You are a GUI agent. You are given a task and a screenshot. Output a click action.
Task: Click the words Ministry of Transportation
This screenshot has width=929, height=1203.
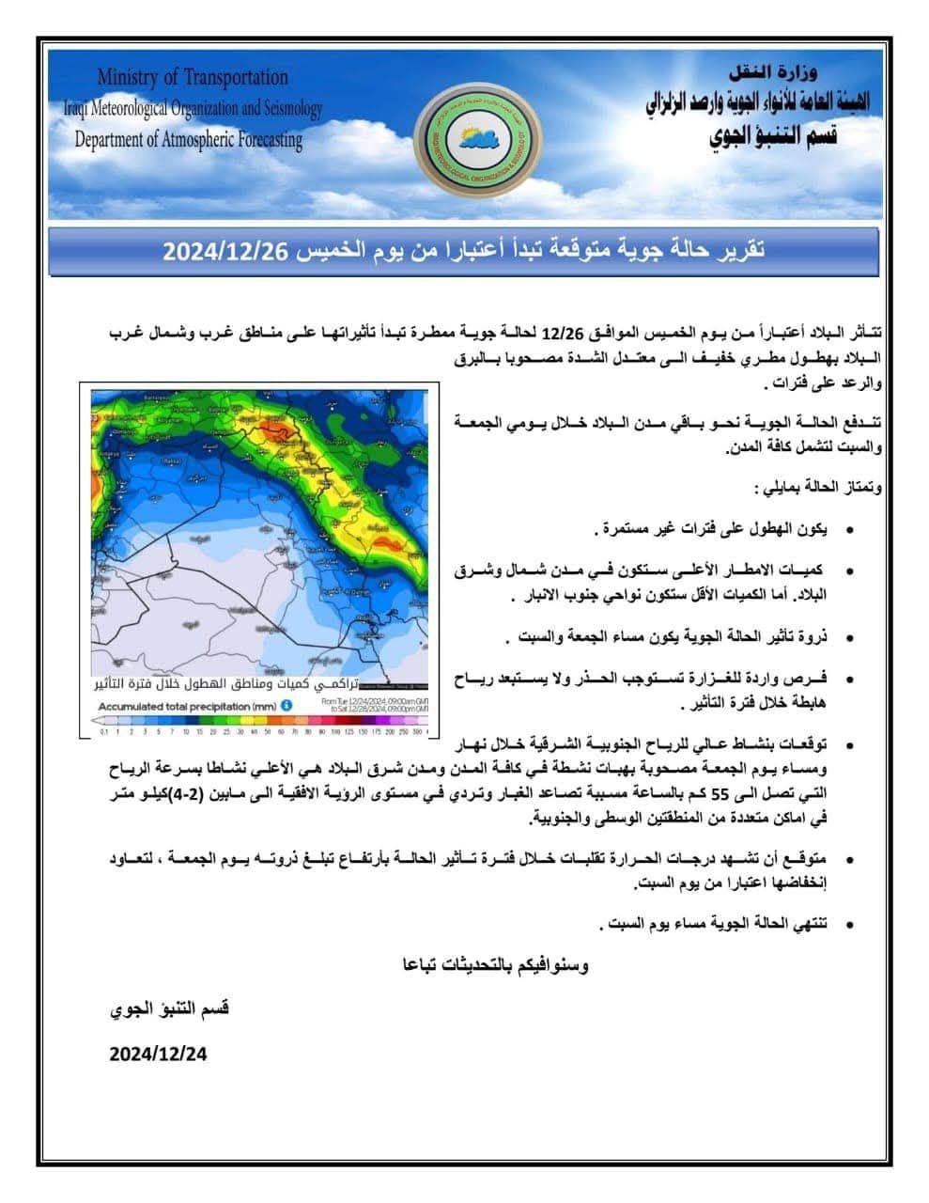(193, 77)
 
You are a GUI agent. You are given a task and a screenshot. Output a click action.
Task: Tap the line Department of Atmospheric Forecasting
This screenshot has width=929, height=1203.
(189, 140)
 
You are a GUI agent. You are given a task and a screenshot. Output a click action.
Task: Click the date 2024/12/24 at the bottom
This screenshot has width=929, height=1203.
(157, 1054)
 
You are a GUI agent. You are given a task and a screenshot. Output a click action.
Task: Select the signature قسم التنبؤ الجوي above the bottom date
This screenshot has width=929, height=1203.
(169, 1008)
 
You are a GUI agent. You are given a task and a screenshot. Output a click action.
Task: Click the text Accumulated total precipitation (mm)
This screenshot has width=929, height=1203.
(187, 705)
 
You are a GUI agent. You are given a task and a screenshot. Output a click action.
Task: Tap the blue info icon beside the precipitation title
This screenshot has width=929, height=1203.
(286, 705)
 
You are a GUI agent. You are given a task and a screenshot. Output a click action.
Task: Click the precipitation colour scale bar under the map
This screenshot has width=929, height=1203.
(259, 722)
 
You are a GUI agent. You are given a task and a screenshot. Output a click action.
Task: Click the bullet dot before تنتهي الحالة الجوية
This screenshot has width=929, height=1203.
(850, 926)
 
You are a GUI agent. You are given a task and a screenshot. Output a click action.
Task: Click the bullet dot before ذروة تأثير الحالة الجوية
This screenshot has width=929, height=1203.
(850, 639)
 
